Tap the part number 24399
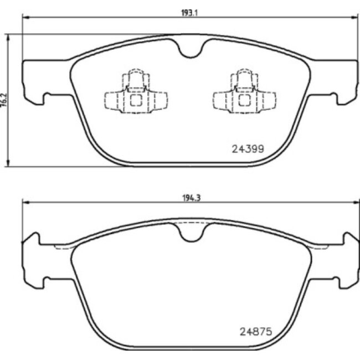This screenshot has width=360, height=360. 246,148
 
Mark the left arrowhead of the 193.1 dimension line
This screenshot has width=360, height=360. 24,17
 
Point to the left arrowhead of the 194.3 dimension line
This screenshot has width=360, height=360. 24,202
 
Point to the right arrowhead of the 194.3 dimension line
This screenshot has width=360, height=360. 355,202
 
